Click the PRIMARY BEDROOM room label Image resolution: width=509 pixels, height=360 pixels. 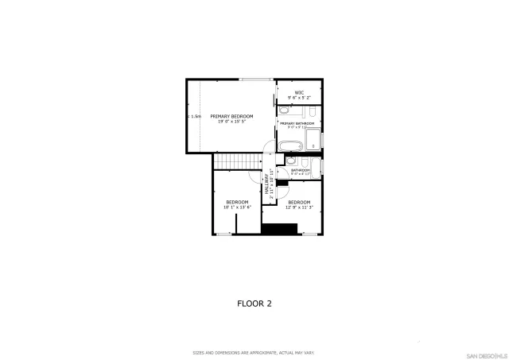pyautogui.click(x=231, y=116)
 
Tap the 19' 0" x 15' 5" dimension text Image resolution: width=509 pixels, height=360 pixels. pyautogui.click(x=231, y=122)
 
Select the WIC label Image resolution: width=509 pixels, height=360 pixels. pyautogui.click(x=300, y=92)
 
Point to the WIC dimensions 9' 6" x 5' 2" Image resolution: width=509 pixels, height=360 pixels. pyautogui.click(x=300, y=98)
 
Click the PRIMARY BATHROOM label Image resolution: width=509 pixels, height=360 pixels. pyautogui.click(x=297, y=123)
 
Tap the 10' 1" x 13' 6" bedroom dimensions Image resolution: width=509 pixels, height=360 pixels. pyautogui.click(x=237, y=207)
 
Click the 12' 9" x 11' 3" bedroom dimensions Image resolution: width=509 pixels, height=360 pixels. pyautogui.click(x=299, y=207)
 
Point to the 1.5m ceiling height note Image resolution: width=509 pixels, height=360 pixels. pyautogui.click(x=195, y=117)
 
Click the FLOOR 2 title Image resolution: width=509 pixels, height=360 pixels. pyautogui.click(x=254, y=303)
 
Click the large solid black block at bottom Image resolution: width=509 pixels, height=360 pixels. pyautogui.click(x=278, y=229)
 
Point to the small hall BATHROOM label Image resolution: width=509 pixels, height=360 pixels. pyautogui.click(x=300, y=170)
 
